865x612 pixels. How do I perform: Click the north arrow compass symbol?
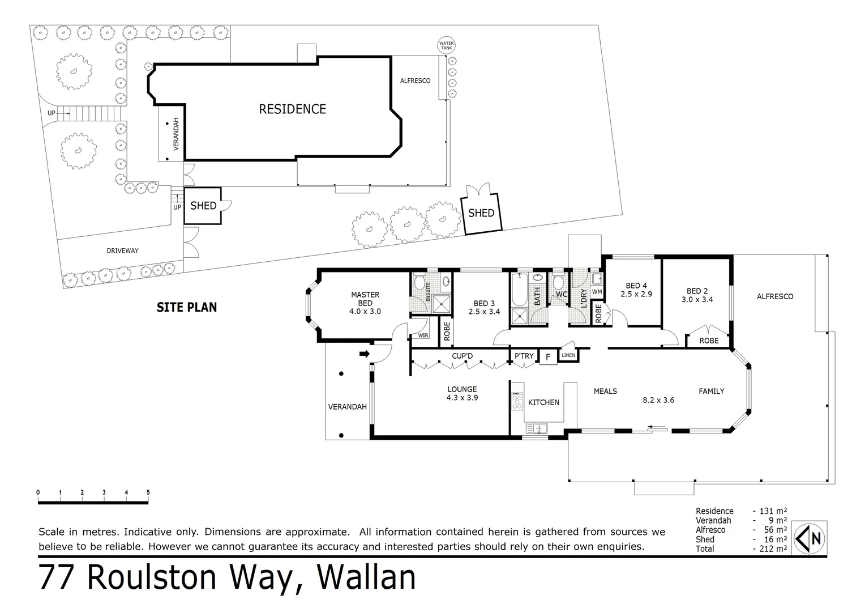811,538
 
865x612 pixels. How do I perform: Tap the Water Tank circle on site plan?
447,46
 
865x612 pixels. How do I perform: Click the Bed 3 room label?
484,307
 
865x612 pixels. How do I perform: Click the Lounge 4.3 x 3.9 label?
462,393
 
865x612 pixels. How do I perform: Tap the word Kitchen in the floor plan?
543,402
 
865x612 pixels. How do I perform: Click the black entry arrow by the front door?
364,354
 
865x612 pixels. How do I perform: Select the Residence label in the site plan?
292,109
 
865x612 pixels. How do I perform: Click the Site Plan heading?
187,307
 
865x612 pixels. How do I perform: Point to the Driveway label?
122,250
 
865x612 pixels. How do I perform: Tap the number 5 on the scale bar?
148,492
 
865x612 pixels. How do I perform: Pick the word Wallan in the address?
366,578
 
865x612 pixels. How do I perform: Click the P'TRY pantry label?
524,356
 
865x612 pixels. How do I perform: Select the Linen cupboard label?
568,355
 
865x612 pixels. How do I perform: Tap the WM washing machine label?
597,292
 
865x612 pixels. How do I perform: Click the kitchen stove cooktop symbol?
516,401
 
